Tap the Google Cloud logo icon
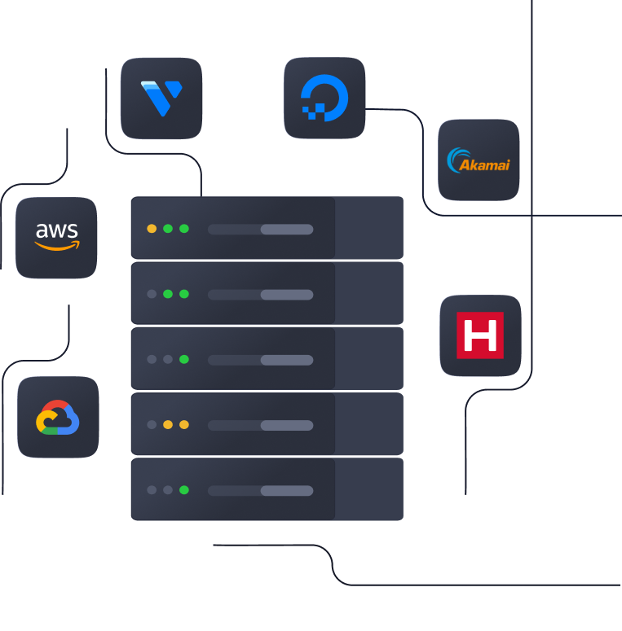[58, 417]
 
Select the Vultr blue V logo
[161, 98]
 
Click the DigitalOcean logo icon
[324, 98]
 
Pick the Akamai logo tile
[479, 160]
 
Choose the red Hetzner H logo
[480, 335]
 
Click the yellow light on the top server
[152, 229]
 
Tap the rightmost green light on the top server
[184, 229]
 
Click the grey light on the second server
[152, 294]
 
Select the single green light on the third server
[184, 359]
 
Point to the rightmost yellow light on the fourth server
[184, 424]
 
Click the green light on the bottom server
[184, 490]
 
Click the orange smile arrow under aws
[58, 246]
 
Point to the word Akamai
[485, 164]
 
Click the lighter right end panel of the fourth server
[369, 424]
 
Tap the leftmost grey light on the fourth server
[152, 424]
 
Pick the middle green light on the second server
[168, 294]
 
